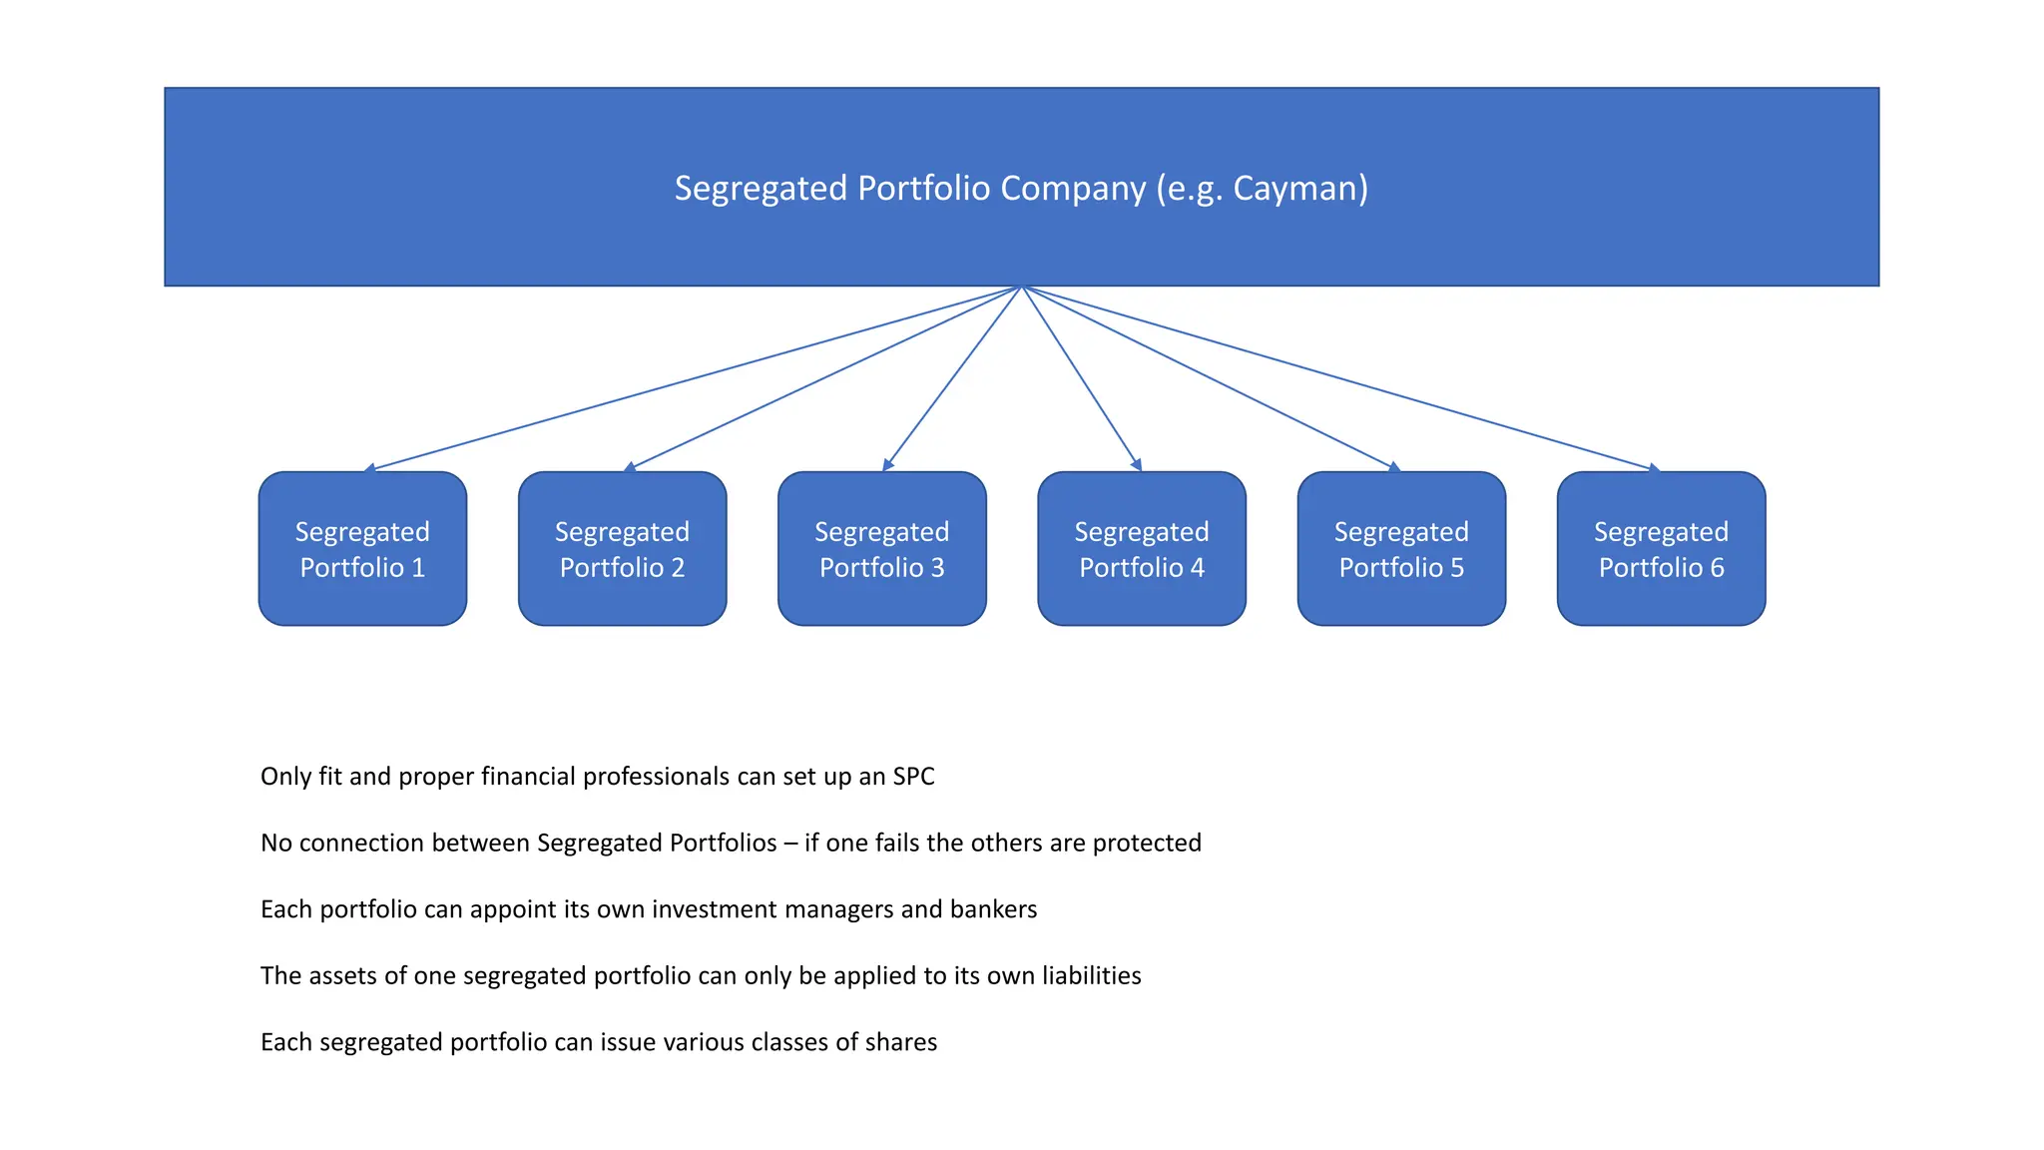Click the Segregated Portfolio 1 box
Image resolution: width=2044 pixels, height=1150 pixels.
coord(362,549)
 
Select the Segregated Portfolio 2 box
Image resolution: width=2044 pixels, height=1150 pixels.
coord(622,549)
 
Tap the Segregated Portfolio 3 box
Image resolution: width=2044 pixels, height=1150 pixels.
coord(881,549)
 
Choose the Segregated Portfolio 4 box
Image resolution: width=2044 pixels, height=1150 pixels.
coord(1141,549)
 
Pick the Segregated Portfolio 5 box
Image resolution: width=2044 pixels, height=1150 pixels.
coord(1401,549)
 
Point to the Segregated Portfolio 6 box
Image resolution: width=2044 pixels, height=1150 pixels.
coord(1661,549)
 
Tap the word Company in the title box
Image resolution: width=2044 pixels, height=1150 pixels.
coord(1073,189)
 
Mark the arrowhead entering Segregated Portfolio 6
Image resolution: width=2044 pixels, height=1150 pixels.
coord(1654,467)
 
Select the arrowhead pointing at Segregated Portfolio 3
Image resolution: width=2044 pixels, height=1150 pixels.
coord(887,465)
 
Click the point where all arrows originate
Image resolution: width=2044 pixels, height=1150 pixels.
coord(1022,287)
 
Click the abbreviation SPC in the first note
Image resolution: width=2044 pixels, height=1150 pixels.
coord(913,777)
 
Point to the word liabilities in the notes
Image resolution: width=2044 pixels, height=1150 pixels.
coord(1091,976)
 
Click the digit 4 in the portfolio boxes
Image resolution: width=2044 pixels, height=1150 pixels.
coord(1197,568)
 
